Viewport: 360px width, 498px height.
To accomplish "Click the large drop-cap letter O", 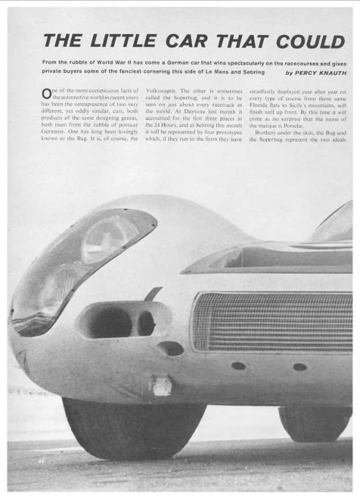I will coord(47,94).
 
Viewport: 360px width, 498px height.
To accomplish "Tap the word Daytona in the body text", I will coord(187,115).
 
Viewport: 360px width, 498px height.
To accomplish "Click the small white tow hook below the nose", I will coord(162,385).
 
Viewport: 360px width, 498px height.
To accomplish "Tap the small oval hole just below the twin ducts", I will coord(171,348).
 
